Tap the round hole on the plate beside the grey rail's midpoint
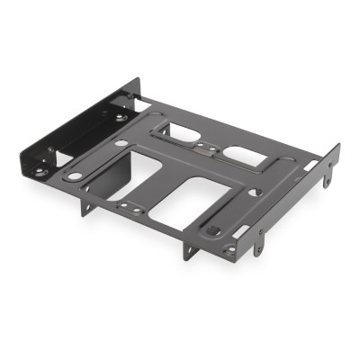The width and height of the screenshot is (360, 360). point(259,191)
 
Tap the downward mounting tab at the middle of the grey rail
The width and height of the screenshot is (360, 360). point(262,238)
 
